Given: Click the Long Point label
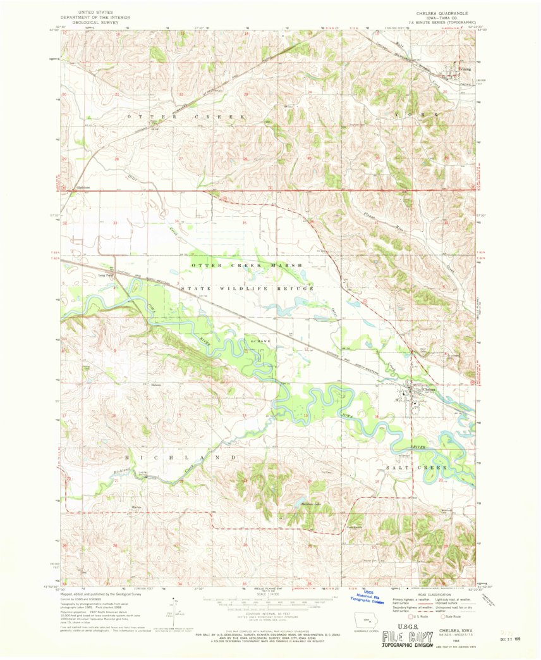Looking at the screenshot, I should point(106,275).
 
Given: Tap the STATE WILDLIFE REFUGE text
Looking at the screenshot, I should point(248,288).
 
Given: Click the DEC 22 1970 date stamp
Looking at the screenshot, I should point(509,640).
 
